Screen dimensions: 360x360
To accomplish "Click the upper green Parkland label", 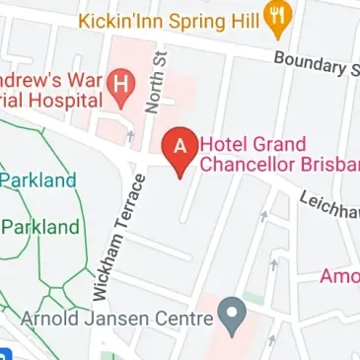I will click(x=39, y=180).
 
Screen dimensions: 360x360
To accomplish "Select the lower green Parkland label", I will click(x=41, y=227).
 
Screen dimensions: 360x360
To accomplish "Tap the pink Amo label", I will click(x=339, y=276).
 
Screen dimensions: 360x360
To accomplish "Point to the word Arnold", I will click(x=54, y=320).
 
